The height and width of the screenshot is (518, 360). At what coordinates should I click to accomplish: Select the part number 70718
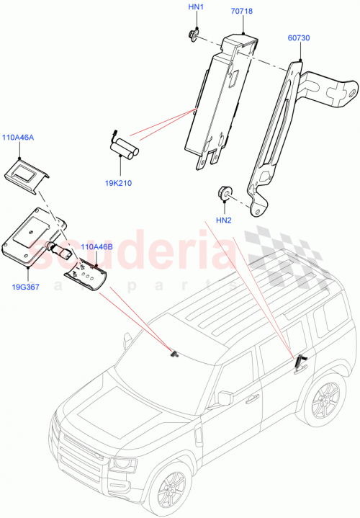click(x=243, y=12)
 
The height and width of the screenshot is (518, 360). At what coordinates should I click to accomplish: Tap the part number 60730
click(x=298, y=37)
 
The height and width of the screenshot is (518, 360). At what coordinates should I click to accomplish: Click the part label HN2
click(x=224, y=220)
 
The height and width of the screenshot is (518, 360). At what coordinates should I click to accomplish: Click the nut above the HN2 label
click(x=223, y=192)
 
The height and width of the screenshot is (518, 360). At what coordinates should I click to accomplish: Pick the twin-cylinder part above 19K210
click(x=125, y=150)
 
